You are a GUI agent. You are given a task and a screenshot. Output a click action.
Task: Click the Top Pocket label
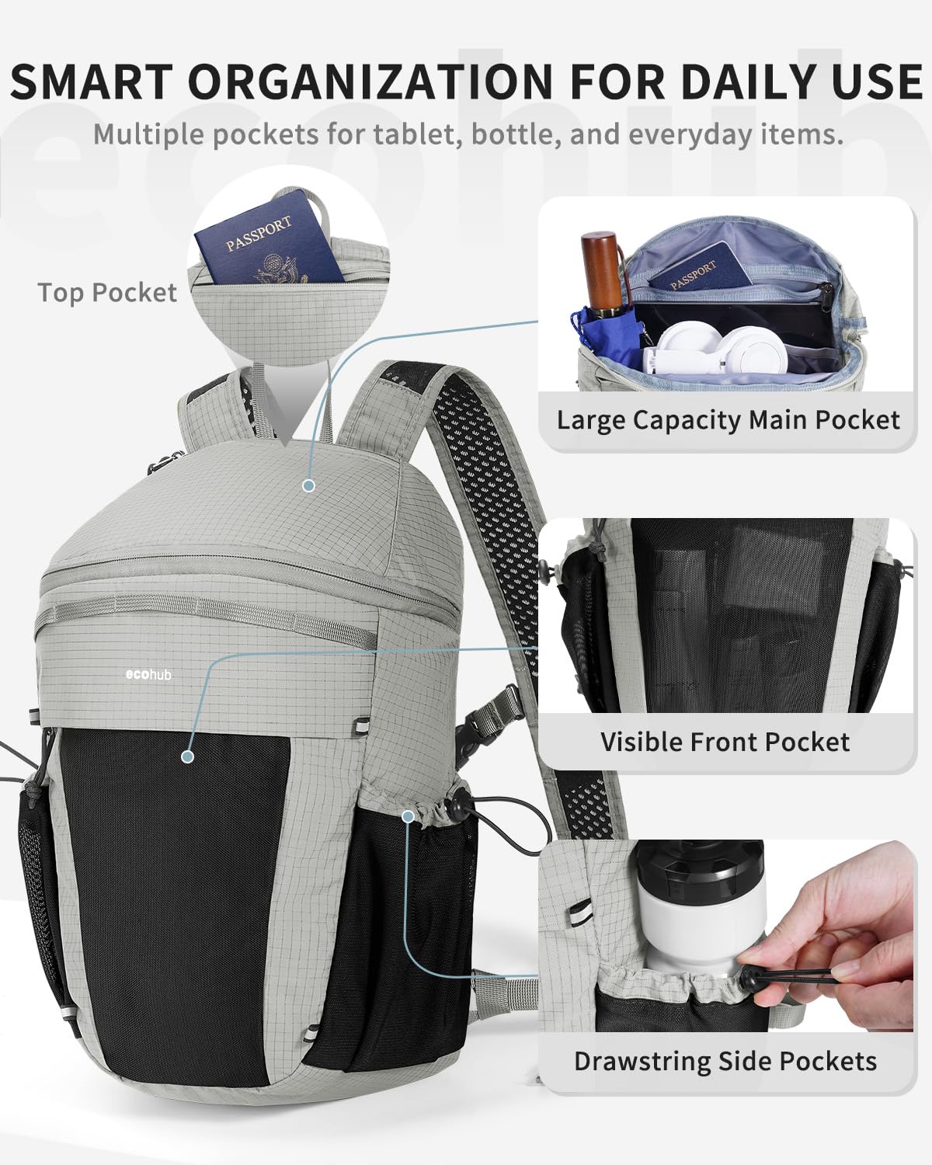click(107, 293)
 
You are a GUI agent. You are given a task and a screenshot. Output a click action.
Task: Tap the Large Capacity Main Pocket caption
click(728, 420)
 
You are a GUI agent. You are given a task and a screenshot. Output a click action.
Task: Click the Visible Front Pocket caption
click(725, 742)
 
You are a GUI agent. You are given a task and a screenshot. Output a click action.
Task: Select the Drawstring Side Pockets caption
click(725, 1061)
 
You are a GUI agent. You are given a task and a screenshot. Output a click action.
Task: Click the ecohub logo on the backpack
click(148, 674)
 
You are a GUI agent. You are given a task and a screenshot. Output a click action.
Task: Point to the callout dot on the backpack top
click(309, 486)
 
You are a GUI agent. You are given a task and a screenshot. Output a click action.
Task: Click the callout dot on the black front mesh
click(186, 756)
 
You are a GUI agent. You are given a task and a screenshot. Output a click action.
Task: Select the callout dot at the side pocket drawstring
click(409, 815)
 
